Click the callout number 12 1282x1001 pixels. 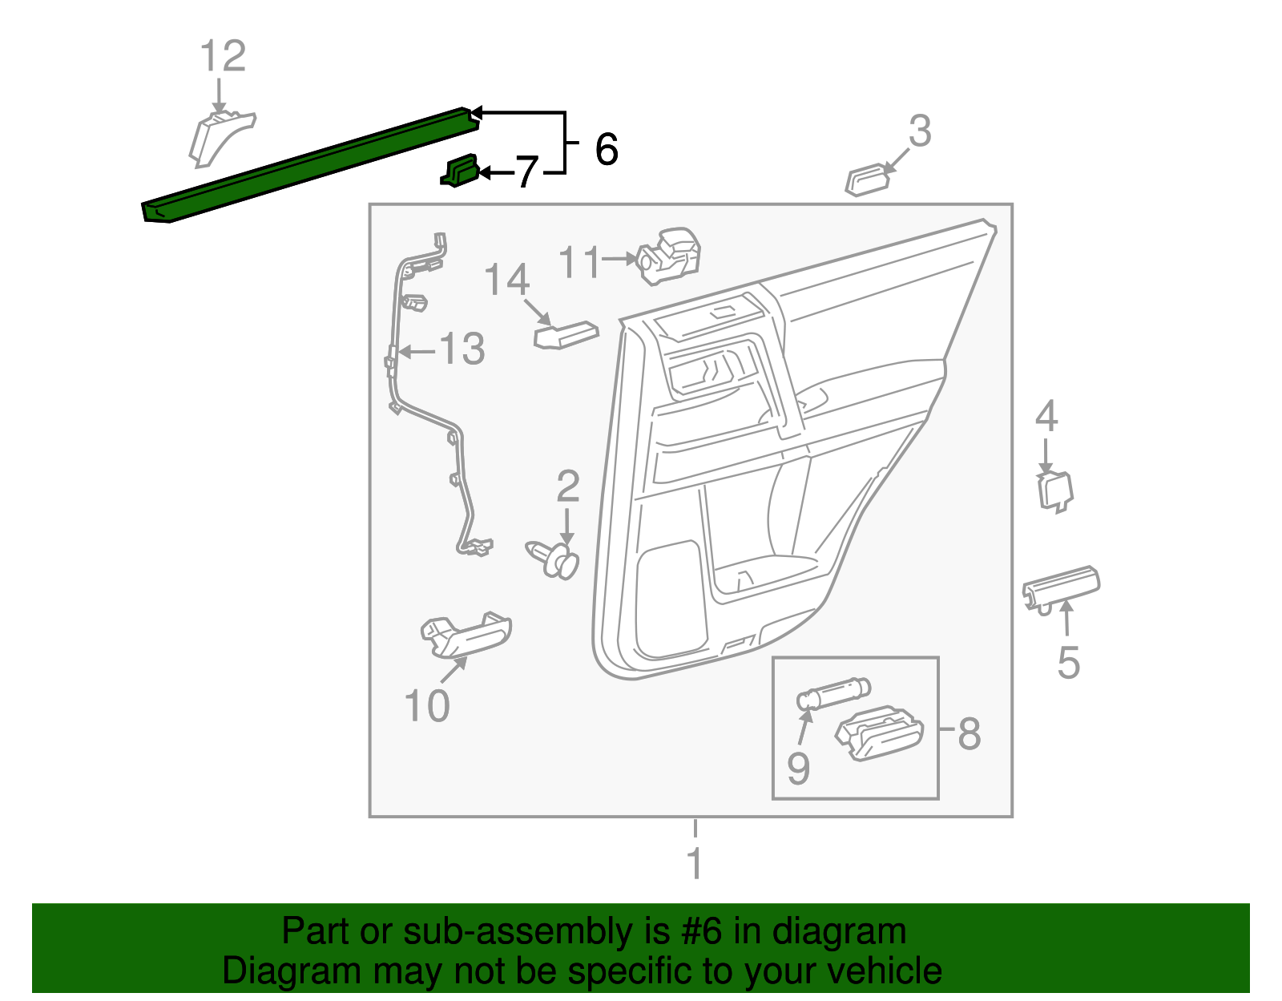222,57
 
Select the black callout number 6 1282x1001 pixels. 607,149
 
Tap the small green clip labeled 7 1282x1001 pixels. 459,171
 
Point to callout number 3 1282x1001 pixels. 920,131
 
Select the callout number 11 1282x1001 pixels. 579,262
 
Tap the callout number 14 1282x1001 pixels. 506,281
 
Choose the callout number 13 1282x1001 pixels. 462,349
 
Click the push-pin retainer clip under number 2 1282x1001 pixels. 554,559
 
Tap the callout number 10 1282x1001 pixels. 427,706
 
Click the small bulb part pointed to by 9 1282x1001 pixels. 833,692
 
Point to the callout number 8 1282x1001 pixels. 969,733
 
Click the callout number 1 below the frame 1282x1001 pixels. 695,864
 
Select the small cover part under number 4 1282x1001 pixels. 1054,491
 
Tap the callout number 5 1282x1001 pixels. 1068,663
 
